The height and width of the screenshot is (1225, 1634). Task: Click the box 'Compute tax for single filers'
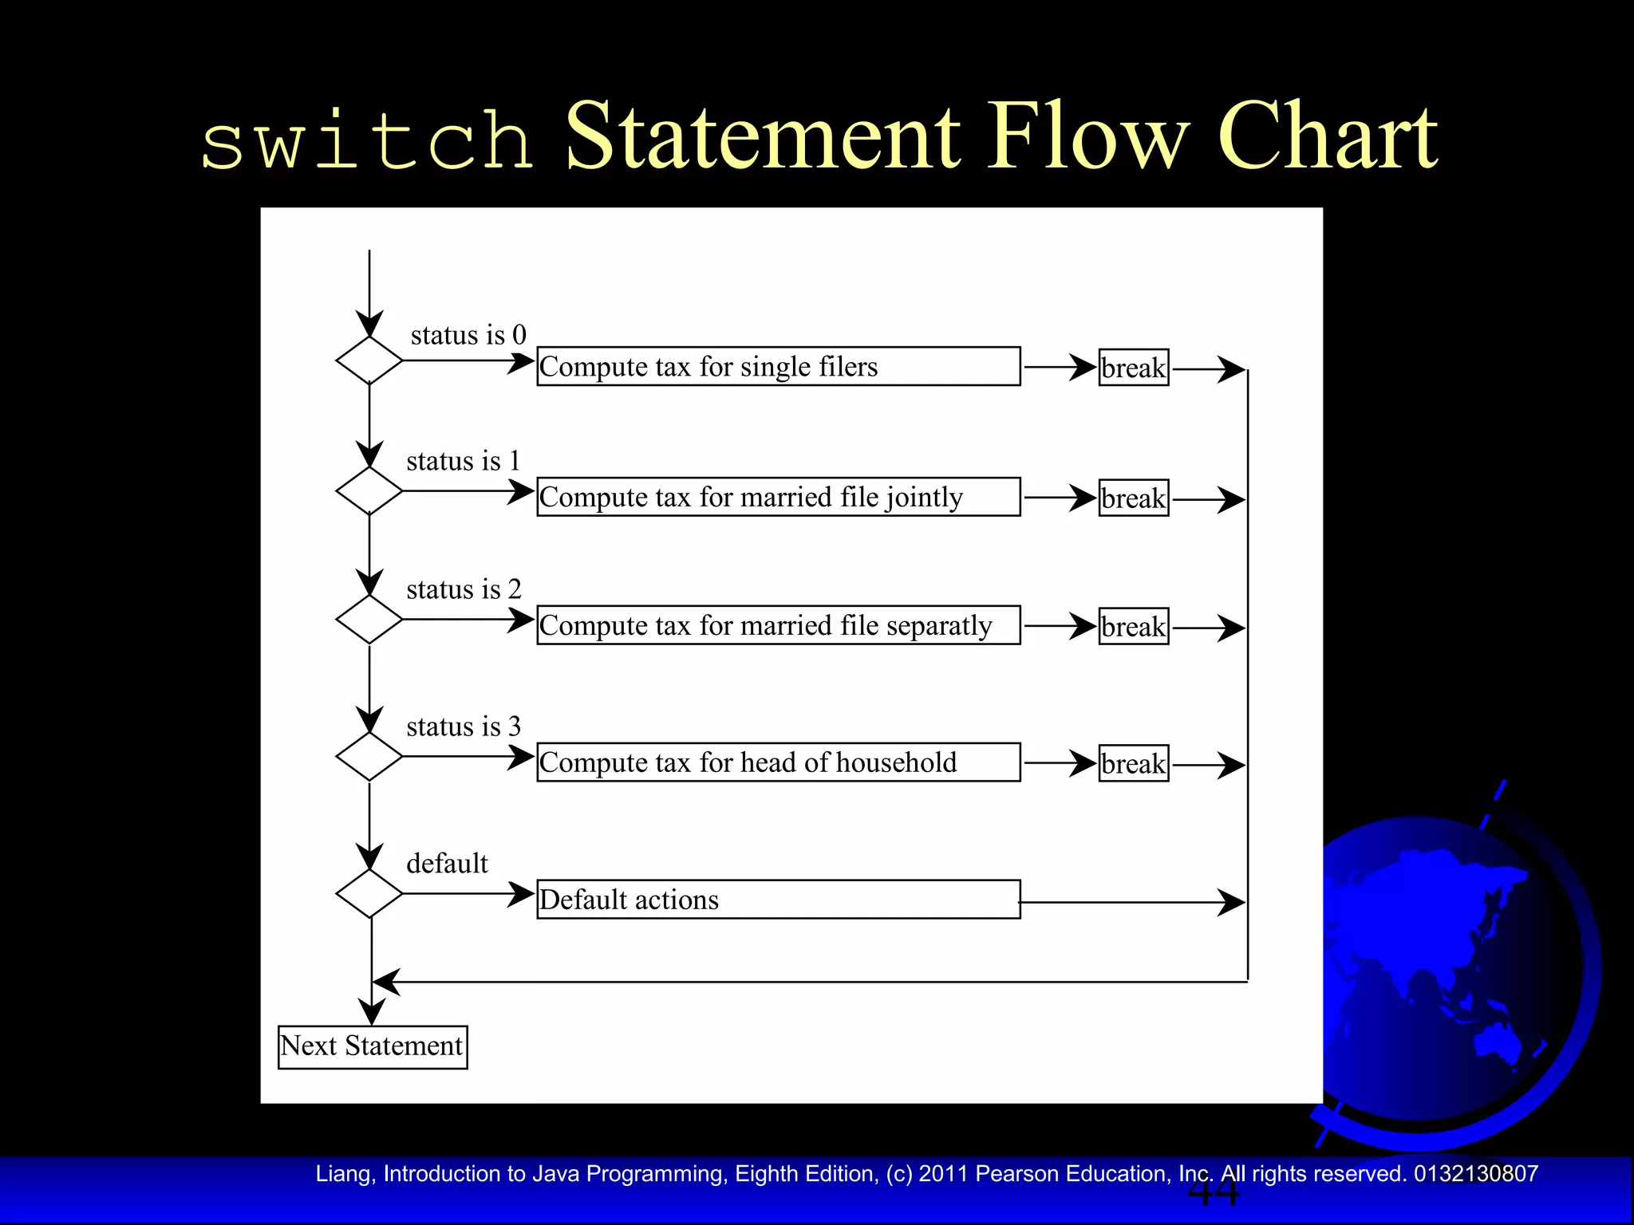click(778, 366)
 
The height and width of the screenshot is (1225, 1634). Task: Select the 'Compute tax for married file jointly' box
click(778, 497)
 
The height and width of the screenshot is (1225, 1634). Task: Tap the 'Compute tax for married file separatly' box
click(778, 625)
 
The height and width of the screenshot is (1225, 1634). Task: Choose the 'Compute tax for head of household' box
click(778, 762)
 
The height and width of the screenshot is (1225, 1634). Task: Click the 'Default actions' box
click(778, 900)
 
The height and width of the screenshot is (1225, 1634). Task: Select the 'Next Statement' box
click(373, 1046)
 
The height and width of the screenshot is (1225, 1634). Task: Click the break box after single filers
click(1133, 368)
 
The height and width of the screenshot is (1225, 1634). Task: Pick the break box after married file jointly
click(1133, 498)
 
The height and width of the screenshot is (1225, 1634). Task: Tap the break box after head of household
click(1133, 763)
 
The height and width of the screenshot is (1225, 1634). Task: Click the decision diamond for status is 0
click(369, 360)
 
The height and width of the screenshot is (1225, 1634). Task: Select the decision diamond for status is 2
click(369, 619)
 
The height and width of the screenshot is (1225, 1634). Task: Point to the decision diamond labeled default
click(369, 893)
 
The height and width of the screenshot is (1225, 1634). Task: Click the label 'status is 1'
click(463, 461)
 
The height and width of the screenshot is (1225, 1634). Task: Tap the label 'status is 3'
click(463, 727)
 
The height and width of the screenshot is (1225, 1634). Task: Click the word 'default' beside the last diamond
click(447, 864)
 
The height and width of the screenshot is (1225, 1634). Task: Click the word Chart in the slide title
click(1328, 137)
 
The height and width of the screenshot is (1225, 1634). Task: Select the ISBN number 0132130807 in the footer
click(1475, 1174)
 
